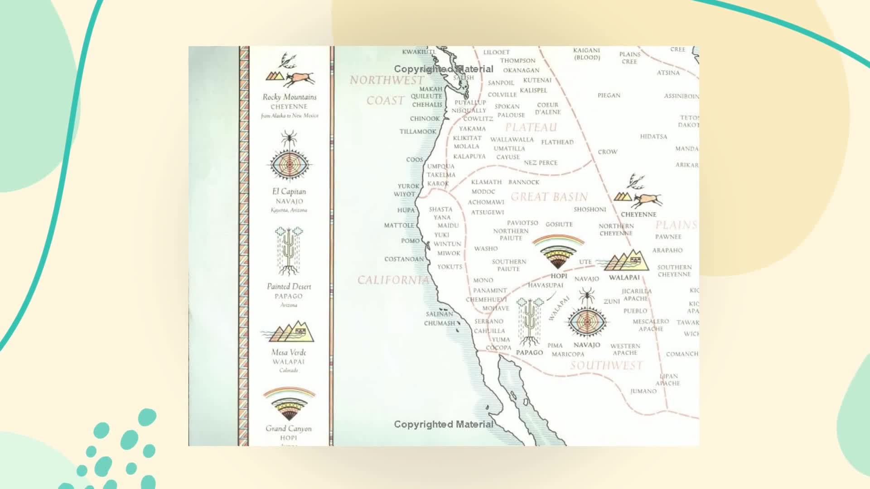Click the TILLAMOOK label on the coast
(x=417, y=132)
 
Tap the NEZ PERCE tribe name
(x=541, y=163)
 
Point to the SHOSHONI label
(x=590, y=210)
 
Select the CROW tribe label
(x=607, y=152)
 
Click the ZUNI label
(x=611, y=302)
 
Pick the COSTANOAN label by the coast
(x=404, y=259)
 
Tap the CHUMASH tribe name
(x=439, y=323)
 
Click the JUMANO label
(x=643, y=391)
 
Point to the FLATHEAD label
(x=557, y=142)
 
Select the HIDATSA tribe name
(x=653, y=137)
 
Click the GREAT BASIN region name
(x=549, y=197)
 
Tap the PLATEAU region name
(x=531, y=128)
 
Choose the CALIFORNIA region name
(x=393, y=280)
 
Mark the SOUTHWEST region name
(x=606, y=365)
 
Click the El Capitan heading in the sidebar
(x=289, y=192)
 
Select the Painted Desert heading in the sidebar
(x=289, y=287)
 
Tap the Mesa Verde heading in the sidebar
(x=289, y=352)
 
